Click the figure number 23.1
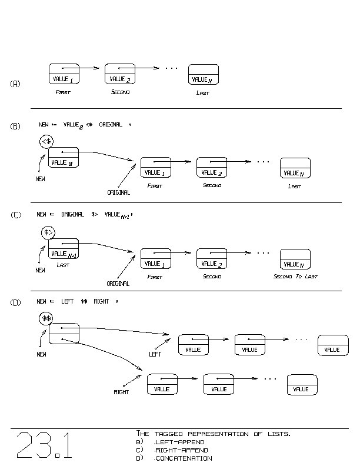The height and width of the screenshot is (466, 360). click(x=44, y=445)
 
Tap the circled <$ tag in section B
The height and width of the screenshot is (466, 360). click(x=47, y=141)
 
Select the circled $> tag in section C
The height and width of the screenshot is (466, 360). click(x=48, y=233)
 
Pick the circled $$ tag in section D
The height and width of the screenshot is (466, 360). click(x=46, y=318)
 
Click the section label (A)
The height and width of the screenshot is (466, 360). click(x=15, y=84)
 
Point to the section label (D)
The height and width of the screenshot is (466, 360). click(x=15, y=302)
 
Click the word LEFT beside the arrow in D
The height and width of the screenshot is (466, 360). click(x=155, y=354)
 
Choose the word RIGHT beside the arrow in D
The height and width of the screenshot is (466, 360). click(x=121, y=392)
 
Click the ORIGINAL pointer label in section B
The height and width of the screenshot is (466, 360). click(x=118, y=192)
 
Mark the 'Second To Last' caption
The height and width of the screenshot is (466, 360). click(x=295, y=277)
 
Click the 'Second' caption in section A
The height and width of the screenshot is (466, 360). click(x=120, y=92)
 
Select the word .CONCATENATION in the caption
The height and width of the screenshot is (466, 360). click(x=182, y=458)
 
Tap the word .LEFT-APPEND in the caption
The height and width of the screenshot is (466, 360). click(x=179, y=442)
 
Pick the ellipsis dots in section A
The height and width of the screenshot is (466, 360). click(x=171, y=69)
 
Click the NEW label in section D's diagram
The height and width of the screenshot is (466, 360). click(x=41, y=355)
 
